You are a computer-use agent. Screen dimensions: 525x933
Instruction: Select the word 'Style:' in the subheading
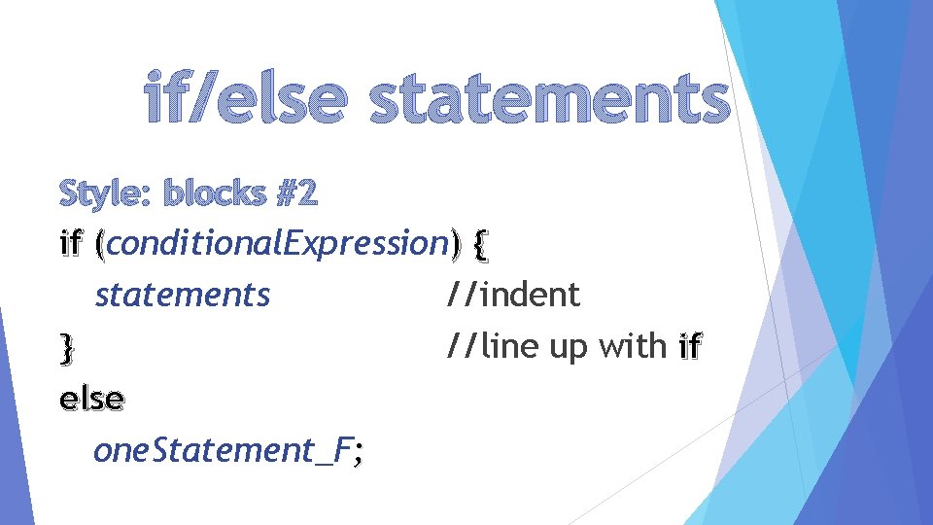tap(106, 194)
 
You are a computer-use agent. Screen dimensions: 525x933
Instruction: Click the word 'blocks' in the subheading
tap(216, 194)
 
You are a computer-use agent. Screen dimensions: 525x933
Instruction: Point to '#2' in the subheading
tap(296, 194)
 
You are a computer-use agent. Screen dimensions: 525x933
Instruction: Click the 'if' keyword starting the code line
tap(72, 243)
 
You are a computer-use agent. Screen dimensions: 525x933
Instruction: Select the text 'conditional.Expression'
tap(277, 243)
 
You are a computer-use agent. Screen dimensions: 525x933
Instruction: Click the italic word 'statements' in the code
tap(183, 294)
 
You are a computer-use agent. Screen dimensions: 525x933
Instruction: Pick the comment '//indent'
tap(512, 294)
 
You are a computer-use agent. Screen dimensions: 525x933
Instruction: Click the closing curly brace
tap(66, 347)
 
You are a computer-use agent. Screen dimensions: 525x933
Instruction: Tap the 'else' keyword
tap(91, 399)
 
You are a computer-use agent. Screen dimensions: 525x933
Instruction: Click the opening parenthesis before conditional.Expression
tap(101, 244)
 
